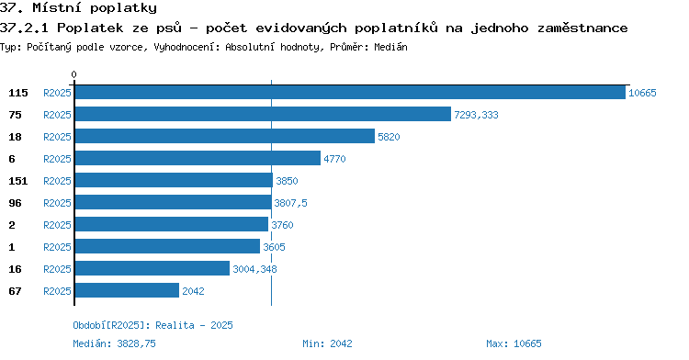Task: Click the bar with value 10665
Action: click(350, 93)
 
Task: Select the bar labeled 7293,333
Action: click(263, 114)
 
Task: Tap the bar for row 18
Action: click(224, 136)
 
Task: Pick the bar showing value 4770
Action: click(198, 158)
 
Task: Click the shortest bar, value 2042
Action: click(127, 290)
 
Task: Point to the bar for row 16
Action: click(152, 268)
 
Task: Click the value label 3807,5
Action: click(290, 203)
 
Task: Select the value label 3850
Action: click(287, 181)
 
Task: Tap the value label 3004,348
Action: click(254, 269)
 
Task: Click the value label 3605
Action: click(274, 247)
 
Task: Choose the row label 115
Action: click(18, 93)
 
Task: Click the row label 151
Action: click(18, 181)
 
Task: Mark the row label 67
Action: click(15, 291)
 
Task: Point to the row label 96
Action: click(15, 203)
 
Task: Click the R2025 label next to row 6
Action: click(57, 159)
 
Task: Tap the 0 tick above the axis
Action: click(73, 74)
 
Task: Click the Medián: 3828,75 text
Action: click(114, 343)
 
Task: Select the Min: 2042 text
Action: click(327, 343)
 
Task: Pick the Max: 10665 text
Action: click(514, 343)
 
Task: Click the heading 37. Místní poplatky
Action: click(78, 8)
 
